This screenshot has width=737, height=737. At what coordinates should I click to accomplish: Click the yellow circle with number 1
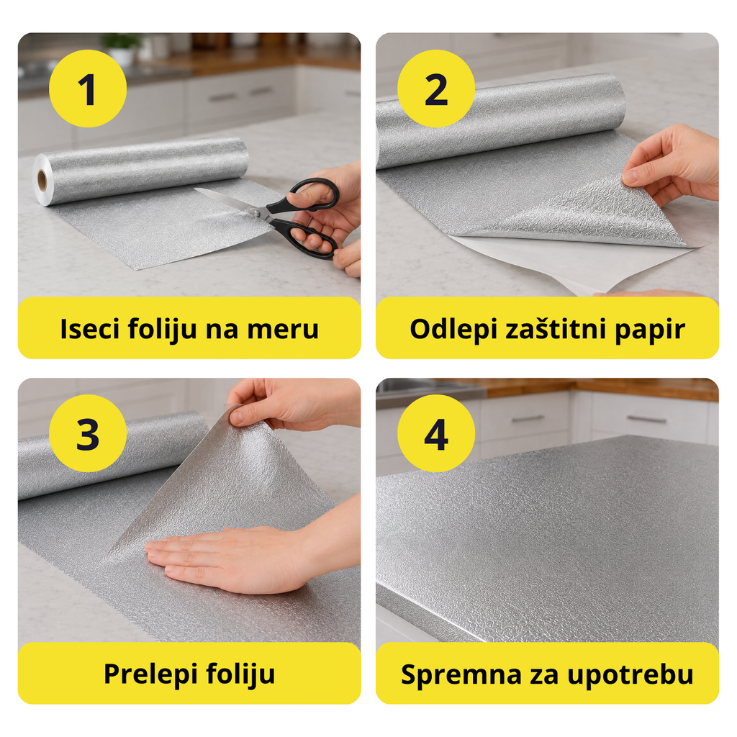point(88,89)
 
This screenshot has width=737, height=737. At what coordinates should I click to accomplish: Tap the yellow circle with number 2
point(436,89)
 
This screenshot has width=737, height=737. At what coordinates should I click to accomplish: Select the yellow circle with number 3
point(88,433)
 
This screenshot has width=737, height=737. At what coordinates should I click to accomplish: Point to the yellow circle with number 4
point(436,433)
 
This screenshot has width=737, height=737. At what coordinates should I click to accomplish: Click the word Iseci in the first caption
point(89,328)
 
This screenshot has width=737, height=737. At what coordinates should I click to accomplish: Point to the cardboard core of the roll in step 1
point(42,181)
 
